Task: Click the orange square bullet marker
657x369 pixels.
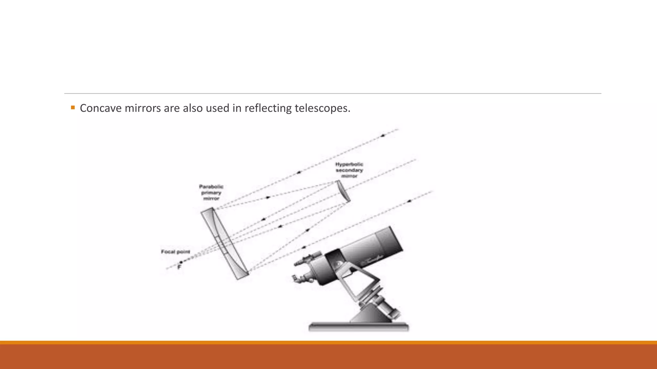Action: pyautogui.click(x=73, y=108)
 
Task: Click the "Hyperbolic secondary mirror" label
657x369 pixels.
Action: pyautogui.click(x=349, y=170)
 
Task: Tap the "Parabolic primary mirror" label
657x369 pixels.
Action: pyautogui.click(x=211, y=193)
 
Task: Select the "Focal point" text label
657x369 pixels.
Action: pyautogui.click(x=175, y=252)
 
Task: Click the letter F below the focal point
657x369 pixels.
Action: pyautogui.click(x=179, y=267)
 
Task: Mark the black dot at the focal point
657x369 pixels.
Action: pyautogui.click(x=181, y=262)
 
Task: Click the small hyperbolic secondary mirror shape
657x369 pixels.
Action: pyautogui.click(x=343, y=191)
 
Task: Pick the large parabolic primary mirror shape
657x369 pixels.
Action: pyautogui.click(x=225, y=243)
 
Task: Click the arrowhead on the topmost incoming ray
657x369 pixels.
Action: pyautogui.click(x=382, y=136)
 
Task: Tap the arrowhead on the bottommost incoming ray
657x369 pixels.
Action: pyautogui.click(x=409, y=201)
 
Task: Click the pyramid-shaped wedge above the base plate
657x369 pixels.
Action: pyautogui.click(x=369, y=314)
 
